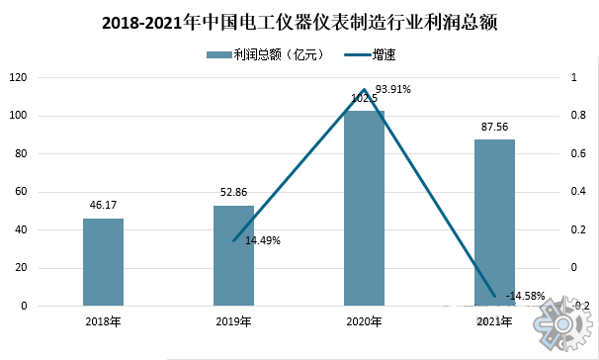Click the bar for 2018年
(103, 262)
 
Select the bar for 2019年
(233, 256)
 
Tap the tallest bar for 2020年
(364, 208)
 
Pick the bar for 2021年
(494, 223)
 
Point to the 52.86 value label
(233, 194)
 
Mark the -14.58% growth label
(524, 295)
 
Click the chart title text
(299, 22)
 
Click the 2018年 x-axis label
(103, 321)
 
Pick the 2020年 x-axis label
(364, 321)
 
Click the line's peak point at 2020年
(364, 89)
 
